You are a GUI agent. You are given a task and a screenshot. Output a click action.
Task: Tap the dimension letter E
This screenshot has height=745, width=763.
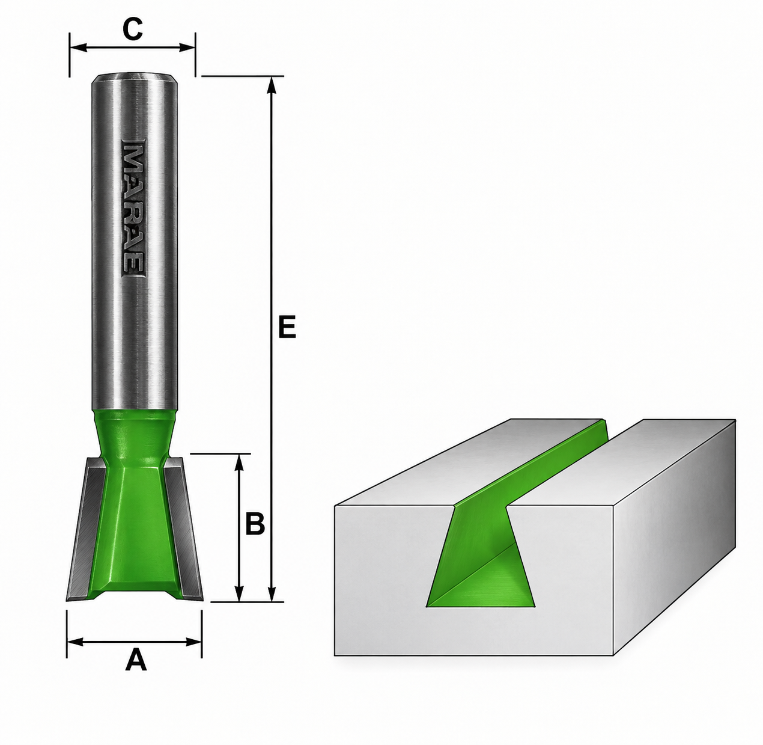pyautogui.click(x=287, y=327)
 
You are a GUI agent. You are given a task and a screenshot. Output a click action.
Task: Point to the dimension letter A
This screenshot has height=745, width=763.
pyautogui.click(x=136, y=682)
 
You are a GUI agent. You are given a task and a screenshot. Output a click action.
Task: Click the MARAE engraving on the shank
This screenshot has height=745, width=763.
pyautogui.click(x=133, y=207)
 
